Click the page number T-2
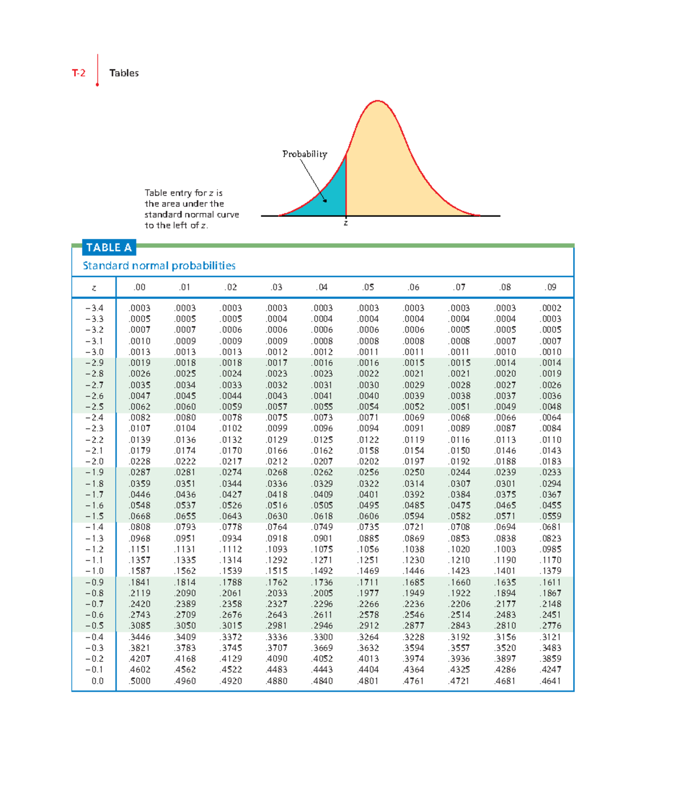tap(79, 73)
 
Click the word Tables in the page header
tap(124, 73)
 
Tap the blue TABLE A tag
tap(109, 247)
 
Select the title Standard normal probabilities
tap(159, 266)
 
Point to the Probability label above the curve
tap(305, 154)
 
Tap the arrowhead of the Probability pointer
tap(325, 200)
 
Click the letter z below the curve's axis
tap(345, 223)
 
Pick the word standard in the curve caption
tap(162, 214)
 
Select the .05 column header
tap(368, 287)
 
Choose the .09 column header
tap(550, 287)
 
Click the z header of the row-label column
tap(94, 288)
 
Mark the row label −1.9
tap(94, 472)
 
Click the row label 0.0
tap(98, 681)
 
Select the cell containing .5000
tap(140, 681)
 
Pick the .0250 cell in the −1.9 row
tap(414, 472)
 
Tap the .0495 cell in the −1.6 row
tap(368, 505)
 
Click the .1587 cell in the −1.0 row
tap(140, 571)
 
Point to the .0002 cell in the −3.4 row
tap(551, 308)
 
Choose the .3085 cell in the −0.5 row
tap(140, 626)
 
